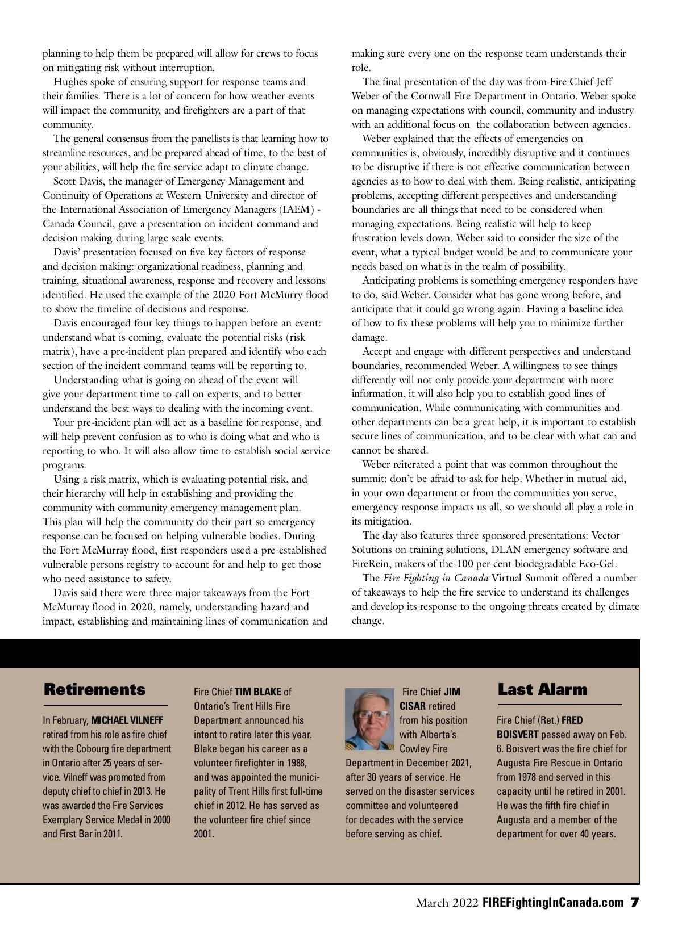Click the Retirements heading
pos(94,690)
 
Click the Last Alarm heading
pos(542,690)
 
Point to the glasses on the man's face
pos(369,714)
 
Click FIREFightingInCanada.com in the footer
pos(552,903)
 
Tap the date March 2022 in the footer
pos(447,903)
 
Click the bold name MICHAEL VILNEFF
pos(127,720)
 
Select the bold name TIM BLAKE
pos(258,692)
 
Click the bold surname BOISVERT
pos(517,735)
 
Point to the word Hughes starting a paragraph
pos(69,82)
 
